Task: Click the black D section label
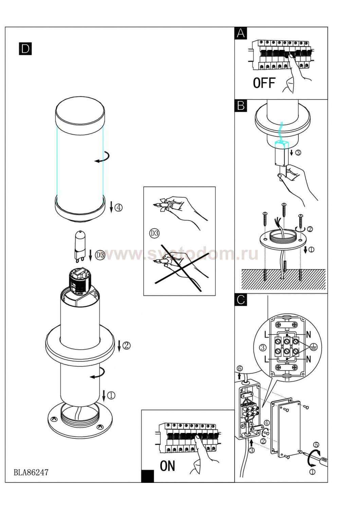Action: (x=25, y=49)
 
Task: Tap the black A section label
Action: (x=240, y=33)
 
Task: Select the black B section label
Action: (x=240, y=106)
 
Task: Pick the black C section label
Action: (x=240, y=300)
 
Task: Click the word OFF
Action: (x=264, y=83)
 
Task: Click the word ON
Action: (x=167, y=466)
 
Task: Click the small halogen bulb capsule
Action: (x=79, y=245)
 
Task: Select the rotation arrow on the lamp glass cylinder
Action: (x=102, y=157)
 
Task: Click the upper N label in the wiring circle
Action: (x=308, y=335)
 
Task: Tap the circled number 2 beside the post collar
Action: (x=126, y=346)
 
